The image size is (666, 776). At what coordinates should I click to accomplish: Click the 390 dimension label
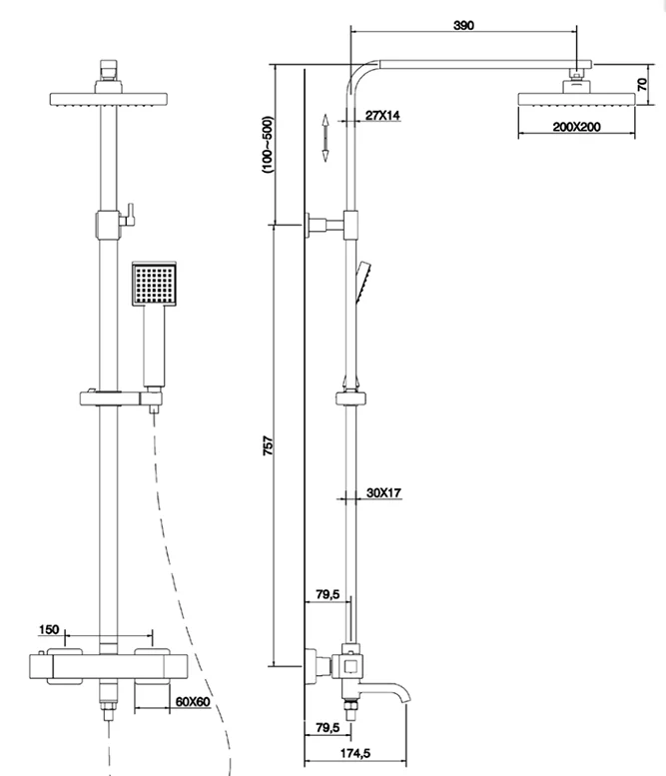pyautogui.click(x=462, y=25)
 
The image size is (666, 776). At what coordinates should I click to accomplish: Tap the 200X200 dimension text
pyautogui.click(x=551, y=128)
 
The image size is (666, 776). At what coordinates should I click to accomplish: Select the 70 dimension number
pyautogui.click(x=643, y=86)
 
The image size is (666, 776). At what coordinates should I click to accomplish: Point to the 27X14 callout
pyautogui.click(x=381, y=116)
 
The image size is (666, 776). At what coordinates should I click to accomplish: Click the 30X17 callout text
pyautogui.click(x=383, y=492)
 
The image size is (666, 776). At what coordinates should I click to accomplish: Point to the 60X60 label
pyautogui.click(x=190, y=703)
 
